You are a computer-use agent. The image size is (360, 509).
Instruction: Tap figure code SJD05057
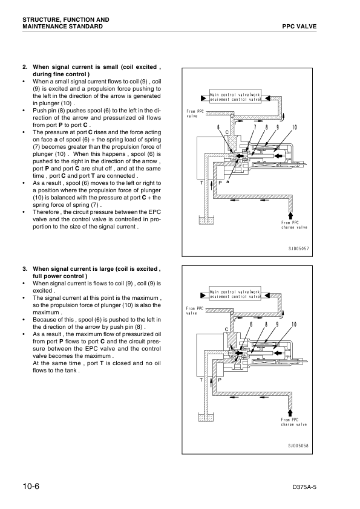(298, 247)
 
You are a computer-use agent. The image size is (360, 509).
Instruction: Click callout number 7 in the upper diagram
(255, 127)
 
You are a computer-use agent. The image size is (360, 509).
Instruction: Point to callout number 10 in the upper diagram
(294, 127)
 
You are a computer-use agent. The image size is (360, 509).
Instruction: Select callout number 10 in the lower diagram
(294, 325)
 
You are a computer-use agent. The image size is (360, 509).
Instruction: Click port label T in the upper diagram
(201, 182)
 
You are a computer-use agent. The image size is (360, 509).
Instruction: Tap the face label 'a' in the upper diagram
(227, 181)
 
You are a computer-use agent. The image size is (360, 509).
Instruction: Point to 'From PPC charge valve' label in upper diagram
(294, 225)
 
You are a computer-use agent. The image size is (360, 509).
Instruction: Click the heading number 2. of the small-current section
(25, 67)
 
